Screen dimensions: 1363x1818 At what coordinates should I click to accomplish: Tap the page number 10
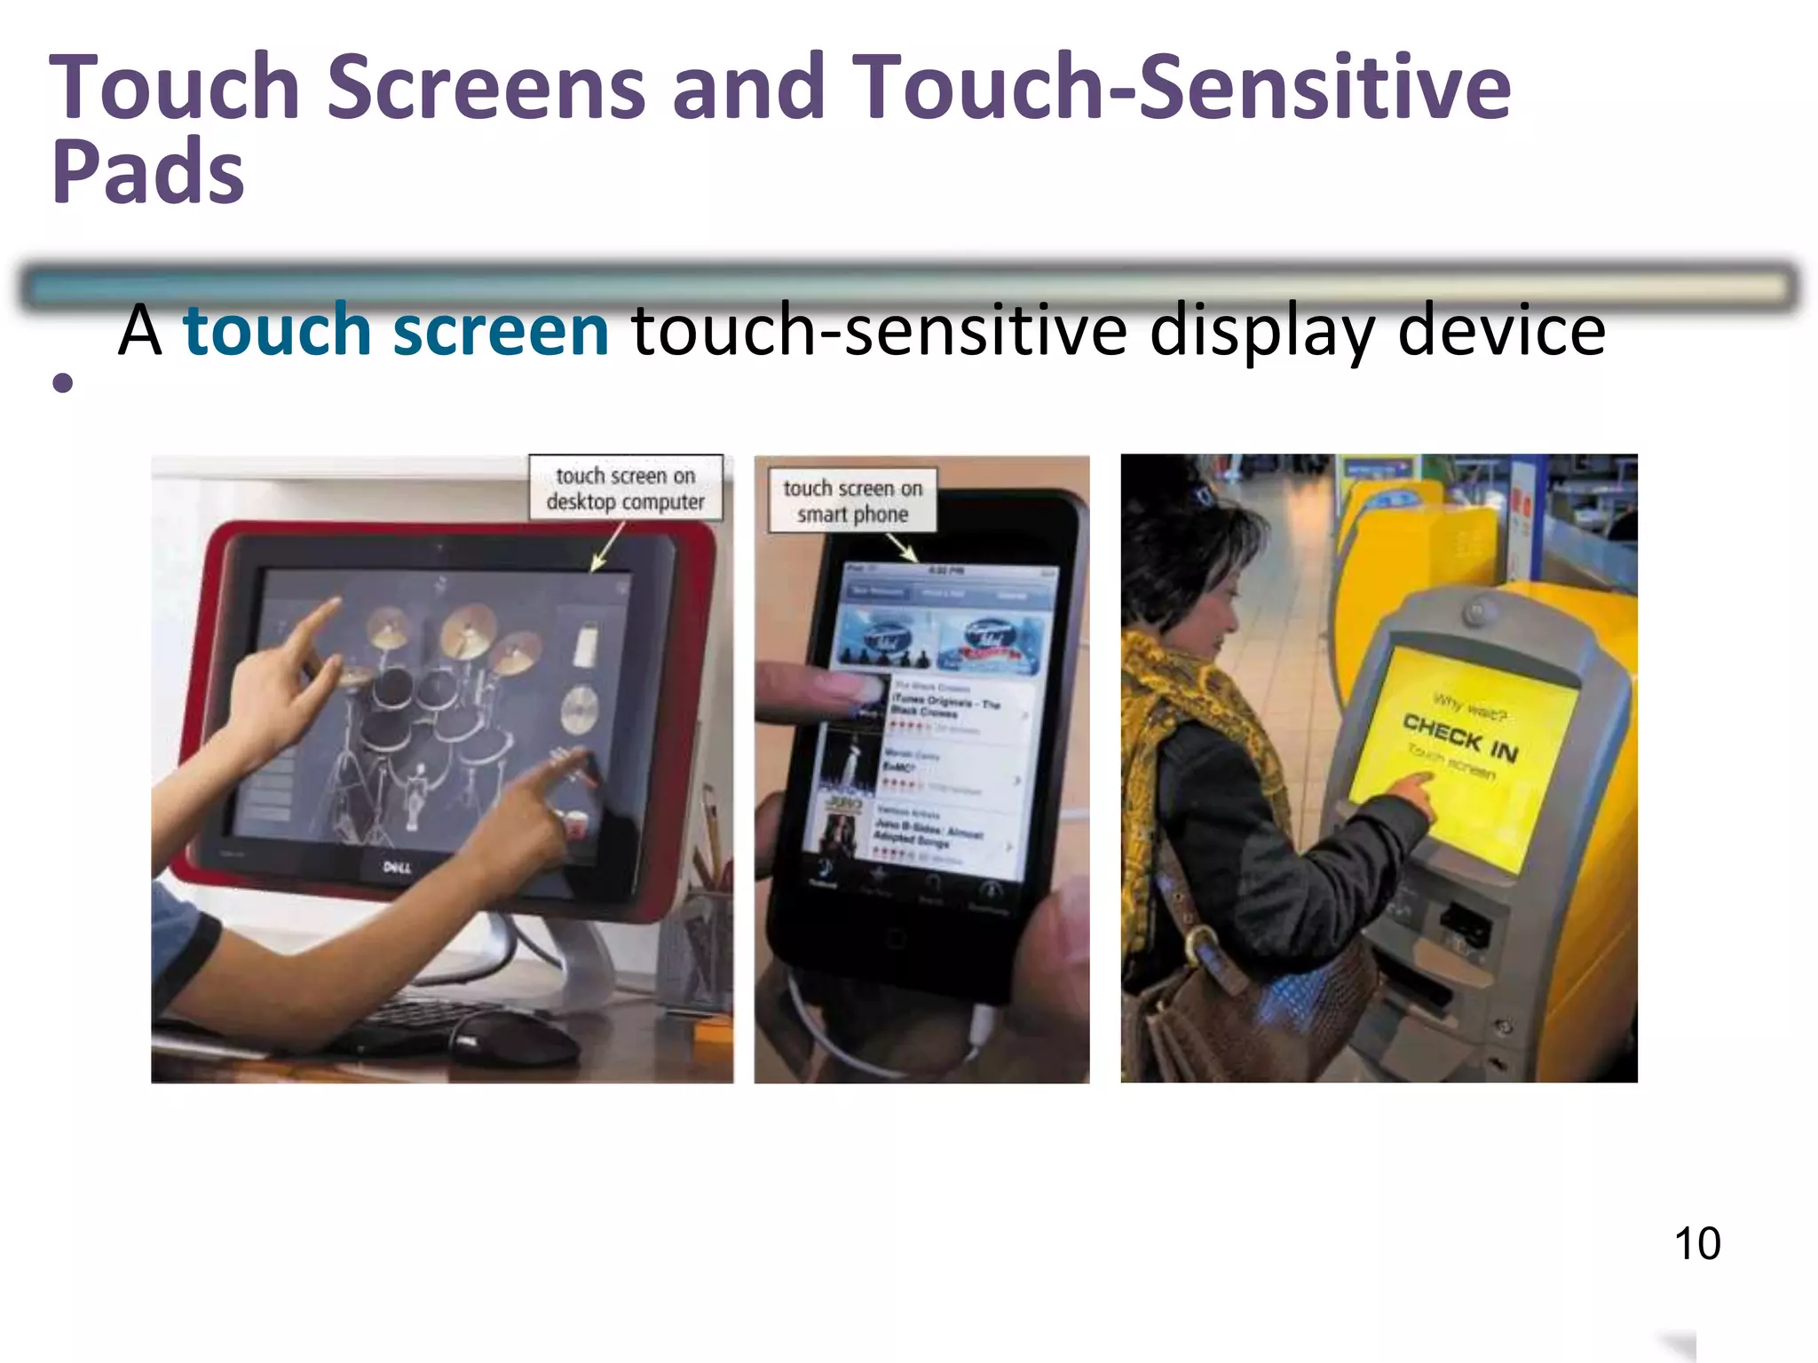click(x=1697, y=1243)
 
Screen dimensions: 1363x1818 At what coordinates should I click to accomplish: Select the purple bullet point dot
click(x=62, y=382)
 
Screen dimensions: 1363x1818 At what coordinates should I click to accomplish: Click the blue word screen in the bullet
click(x=501, y=330)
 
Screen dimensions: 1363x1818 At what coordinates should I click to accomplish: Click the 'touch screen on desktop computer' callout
click(x=626, y=488)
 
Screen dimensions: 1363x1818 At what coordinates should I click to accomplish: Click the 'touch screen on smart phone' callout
click(x=852, y=500)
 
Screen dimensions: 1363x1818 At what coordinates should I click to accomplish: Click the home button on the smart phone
click(x=895, y=939)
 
